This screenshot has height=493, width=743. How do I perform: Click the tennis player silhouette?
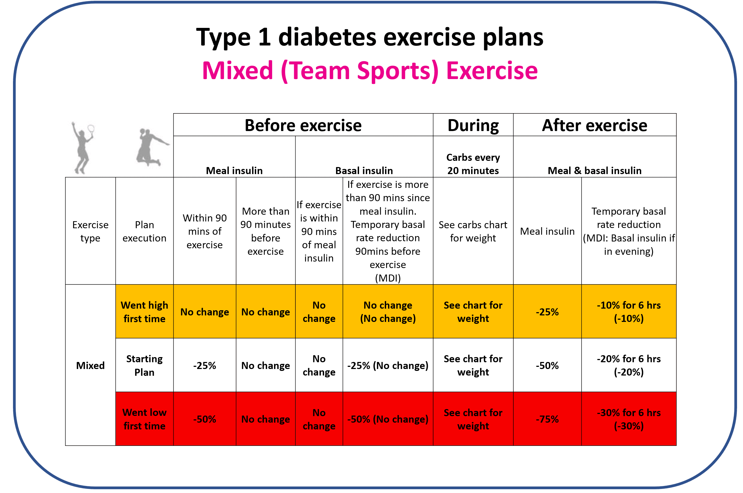(83, 148)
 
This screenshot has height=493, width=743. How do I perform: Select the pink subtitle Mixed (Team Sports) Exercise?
(370, 71)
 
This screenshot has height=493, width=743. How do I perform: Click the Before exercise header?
(303, 125)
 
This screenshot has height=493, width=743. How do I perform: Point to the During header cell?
(473, 125)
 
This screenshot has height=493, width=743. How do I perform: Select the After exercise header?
(594, 125)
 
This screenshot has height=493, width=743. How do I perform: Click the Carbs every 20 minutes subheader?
(473, 164)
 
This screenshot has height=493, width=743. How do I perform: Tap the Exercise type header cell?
(90, 231)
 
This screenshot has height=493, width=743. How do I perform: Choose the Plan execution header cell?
(144, 231)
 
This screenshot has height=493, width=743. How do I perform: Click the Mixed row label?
(90, 365)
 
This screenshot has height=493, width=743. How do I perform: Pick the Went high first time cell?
(144, 312)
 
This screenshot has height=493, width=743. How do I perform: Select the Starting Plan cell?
(144, 365)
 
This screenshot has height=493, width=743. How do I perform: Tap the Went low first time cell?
(144, 419)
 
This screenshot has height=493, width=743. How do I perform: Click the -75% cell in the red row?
(547, 419)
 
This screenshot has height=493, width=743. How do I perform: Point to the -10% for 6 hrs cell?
(628, 312)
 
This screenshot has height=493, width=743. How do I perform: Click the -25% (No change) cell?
(388, 365)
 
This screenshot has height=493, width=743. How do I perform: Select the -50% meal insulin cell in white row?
(547, 365)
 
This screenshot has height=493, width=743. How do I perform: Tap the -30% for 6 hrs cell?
(628, 419)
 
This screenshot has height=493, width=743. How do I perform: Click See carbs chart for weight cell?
(473, 231)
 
